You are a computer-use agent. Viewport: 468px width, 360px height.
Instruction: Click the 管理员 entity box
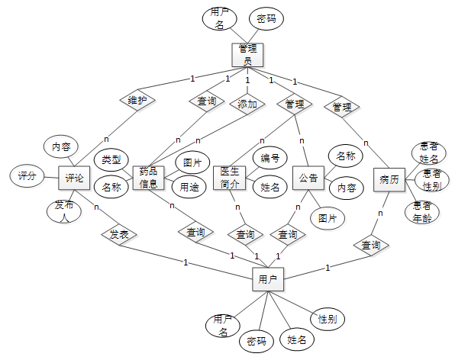click(x=247, y=54)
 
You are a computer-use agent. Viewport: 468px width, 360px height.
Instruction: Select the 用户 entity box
click(x=267, y=280)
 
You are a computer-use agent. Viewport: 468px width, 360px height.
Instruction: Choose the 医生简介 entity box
click(x=229, y=177)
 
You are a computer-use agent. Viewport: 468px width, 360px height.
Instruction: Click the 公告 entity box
click(x=308, y=178)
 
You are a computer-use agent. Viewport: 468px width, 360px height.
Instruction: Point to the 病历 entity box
click(x=389, y=178)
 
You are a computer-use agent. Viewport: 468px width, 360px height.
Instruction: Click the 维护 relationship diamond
click(x=137, y=100)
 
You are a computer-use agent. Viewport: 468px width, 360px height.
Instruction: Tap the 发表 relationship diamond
click(x=118, y=234)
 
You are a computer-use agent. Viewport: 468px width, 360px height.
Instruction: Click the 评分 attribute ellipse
click(x=27, y=176)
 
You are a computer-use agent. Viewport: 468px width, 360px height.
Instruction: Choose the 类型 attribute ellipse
click(x=111, y=159)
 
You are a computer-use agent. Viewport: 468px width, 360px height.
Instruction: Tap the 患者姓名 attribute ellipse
click(x=428, y=153)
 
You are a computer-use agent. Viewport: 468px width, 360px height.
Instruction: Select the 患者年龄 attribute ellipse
click(x=422, y=211)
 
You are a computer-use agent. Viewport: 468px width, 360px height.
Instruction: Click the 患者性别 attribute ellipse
click(x=431, y=180)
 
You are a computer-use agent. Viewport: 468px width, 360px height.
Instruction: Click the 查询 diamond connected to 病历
click(x=370, y=245)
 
